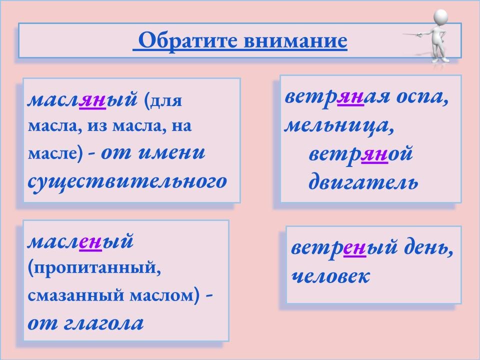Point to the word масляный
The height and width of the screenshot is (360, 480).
click(82, 100)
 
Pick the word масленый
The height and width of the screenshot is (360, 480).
click(80, 242)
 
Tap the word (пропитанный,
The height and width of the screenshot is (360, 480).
click(95, 269)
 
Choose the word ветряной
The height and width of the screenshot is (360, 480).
click(360, 154)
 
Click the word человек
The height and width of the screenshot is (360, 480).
click(330, 276)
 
